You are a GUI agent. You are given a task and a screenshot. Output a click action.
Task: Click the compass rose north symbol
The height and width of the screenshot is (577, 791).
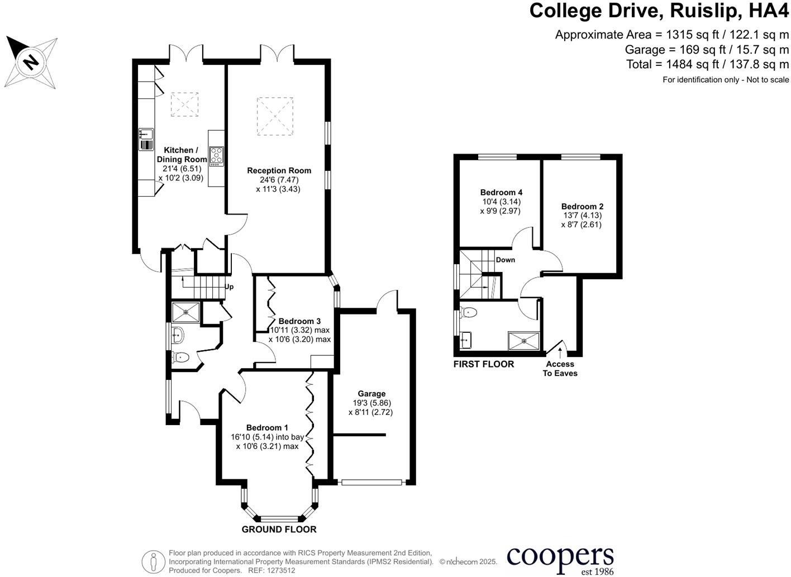click(x=31, y=63)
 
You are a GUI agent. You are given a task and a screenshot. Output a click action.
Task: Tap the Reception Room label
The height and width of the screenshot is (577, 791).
click(x=279, y=170)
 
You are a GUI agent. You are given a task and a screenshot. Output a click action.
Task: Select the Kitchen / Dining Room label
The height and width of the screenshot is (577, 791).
click(x=182, y=155)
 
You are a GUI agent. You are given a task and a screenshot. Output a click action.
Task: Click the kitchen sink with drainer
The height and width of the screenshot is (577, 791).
click(x=146, y=139)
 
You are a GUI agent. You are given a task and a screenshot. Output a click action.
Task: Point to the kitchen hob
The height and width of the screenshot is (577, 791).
click(x=217, y=156)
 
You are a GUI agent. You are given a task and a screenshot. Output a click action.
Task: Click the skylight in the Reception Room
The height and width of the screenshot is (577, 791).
click(x=275, y=116)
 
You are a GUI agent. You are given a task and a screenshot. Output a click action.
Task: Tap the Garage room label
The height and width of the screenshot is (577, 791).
click(x=371, y=393)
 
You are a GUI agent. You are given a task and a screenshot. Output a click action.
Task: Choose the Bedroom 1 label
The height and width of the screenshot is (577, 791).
click(x=268, y=428)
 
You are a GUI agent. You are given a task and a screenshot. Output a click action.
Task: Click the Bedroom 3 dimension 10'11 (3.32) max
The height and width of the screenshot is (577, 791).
click(x=300, y=330)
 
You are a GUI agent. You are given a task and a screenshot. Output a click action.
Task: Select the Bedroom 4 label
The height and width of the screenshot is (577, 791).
click(x=501, y=193)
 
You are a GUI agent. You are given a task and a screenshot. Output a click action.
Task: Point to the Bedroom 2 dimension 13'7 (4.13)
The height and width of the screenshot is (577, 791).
click(x=582, y=216)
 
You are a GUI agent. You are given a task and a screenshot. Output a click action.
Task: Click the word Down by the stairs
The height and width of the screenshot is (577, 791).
click(x=506, y=260)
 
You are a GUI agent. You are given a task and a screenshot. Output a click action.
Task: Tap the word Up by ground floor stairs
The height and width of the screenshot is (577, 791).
click(x=229, y=287)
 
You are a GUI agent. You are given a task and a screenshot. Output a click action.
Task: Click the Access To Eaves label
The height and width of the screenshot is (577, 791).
click(x=560, y=369)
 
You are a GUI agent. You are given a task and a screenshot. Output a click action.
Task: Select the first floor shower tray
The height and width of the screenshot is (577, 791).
click(x=523, y=341)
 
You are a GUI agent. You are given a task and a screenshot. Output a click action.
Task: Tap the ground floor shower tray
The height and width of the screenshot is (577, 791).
click(x=186, y=312)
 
